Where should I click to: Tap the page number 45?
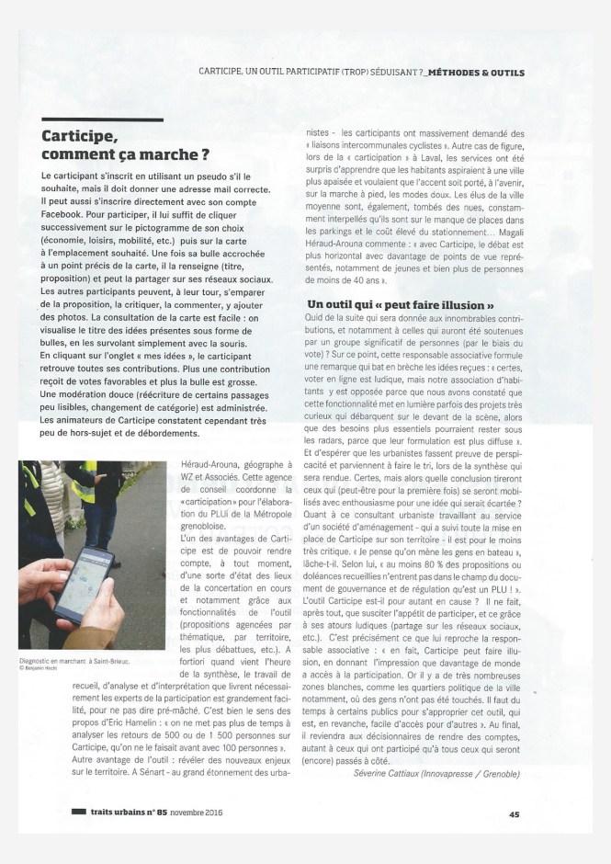click(515, 813)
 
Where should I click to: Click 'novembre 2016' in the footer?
click(195, 813)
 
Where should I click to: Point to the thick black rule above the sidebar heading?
click(102, 119)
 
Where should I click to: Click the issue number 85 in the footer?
click(163, 813)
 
